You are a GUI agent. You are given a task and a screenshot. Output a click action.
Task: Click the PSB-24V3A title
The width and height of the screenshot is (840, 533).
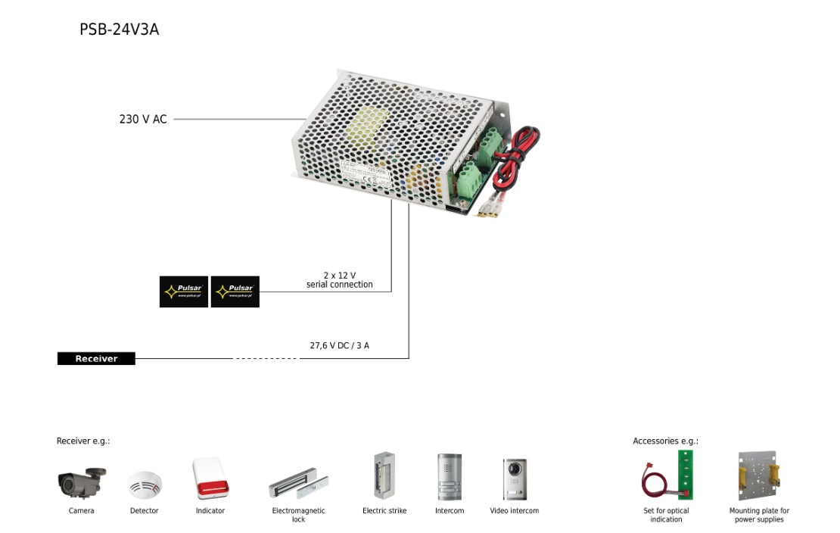119,30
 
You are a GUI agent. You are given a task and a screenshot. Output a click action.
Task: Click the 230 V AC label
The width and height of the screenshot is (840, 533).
142,119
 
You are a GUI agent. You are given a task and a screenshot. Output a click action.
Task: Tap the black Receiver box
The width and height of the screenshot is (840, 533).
96,359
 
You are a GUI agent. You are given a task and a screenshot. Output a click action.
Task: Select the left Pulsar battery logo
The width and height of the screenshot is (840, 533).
184,291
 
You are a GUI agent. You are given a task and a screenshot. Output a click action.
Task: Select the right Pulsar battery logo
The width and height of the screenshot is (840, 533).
235,291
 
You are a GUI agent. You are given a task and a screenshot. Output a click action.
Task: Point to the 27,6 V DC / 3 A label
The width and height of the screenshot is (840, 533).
339,345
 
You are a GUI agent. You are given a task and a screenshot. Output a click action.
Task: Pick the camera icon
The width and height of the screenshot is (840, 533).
81,482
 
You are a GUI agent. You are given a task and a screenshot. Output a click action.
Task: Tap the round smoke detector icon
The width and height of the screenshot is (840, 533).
145,484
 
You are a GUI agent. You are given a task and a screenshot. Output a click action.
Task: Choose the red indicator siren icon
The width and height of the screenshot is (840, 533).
210,478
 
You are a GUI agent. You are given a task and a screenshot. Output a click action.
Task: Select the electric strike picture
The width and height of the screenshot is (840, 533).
384,475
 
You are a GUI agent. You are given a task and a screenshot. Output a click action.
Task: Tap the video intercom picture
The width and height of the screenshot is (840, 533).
515,478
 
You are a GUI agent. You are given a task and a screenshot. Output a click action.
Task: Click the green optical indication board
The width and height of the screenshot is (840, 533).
686,474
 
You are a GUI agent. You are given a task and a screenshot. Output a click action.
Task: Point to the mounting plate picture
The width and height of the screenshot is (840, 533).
758,476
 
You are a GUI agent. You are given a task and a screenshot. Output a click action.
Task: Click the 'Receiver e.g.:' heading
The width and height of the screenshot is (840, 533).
83,441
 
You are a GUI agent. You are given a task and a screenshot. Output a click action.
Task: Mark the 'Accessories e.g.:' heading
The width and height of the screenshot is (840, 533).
665,441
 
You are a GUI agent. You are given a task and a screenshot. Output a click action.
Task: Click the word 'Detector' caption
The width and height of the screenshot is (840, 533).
145,511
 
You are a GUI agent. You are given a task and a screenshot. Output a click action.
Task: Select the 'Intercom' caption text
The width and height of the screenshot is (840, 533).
450,511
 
